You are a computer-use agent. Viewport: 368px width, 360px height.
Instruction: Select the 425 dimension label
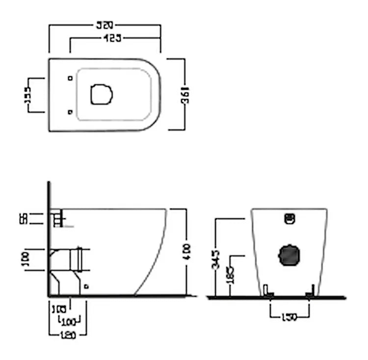click(113, 38)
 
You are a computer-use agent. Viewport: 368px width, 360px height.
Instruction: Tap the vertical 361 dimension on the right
click(185, 94)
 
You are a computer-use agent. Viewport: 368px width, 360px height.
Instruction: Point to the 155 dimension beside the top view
click(28, 95)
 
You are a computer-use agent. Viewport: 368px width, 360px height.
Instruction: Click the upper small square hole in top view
click(70, 78)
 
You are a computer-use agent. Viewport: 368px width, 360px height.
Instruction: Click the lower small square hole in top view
click(70, 112)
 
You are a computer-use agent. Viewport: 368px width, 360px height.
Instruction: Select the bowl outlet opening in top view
click(102, 94)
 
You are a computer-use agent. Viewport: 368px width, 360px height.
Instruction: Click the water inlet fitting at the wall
click(57, 218)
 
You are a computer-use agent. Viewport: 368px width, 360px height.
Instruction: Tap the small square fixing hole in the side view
click(86, 286)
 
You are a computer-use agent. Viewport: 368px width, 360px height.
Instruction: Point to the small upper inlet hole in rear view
click(289, 218)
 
